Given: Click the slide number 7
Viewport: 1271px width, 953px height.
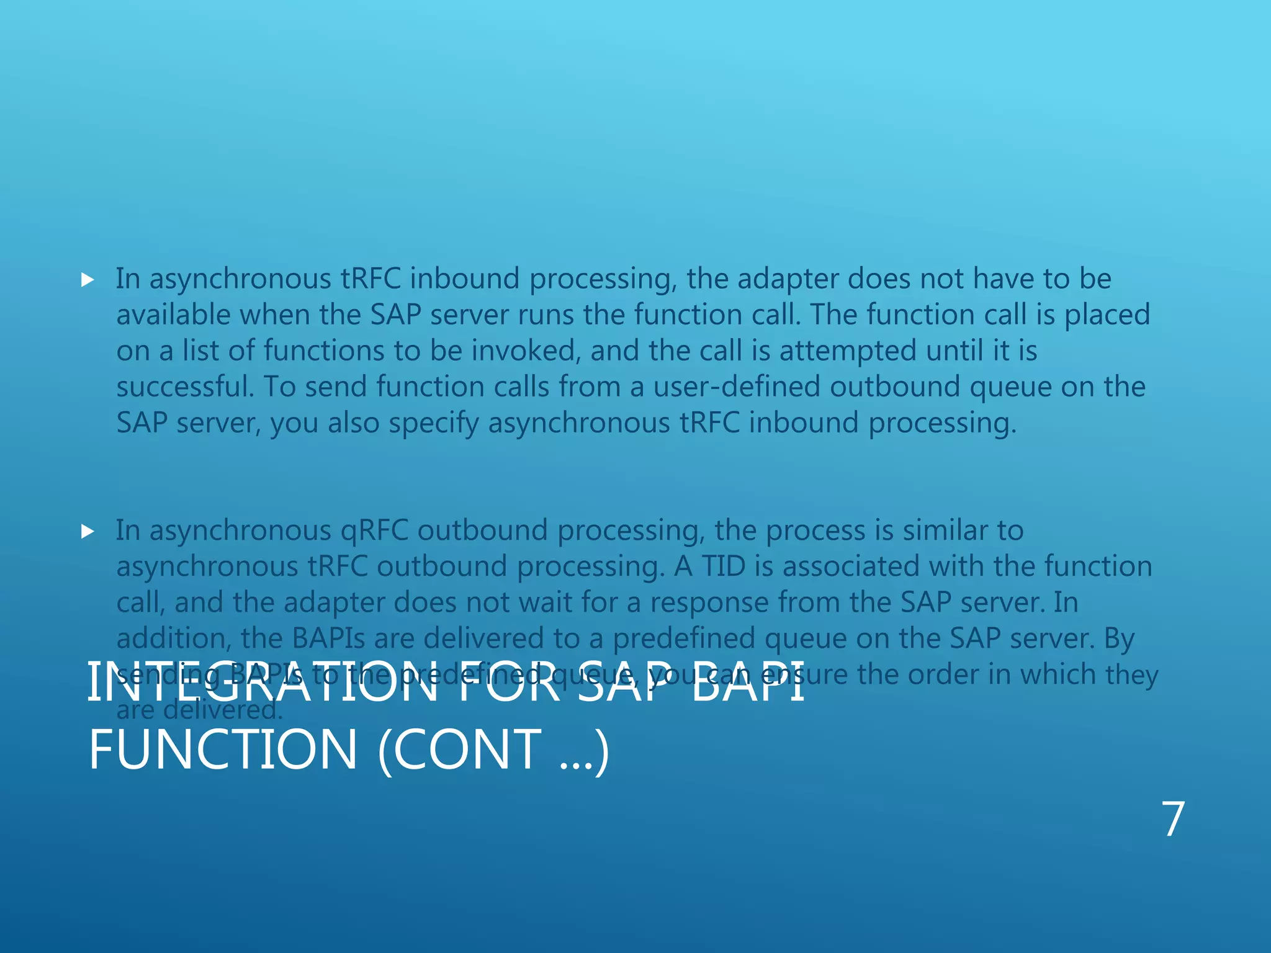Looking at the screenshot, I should (x=1173, y=820).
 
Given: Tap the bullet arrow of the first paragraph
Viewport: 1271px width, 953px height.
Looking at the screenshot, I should (x=88, y=280).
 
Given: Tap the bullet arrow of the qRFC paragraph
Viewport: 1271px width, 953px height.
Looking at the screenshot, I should (x=88, y=532).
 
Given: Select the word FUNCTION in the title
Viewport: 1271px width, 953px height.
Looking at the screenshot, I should (x=223, y=750).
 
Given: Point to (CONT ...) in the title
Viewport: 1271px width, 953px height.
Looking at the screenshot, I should (x=493, y=751).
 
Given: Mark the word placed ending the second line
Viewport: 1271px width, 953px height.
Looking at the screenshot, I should (x=1107, y=315).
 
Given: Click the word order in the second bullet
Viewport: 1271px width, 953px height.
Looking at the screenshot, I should (x=944, y=674).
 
